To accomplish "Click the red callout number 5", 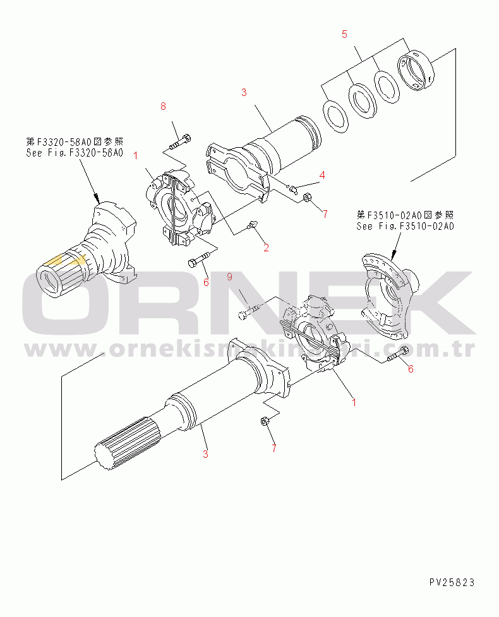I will click(344, 34).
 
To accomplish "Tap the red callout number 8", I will click(162, 106).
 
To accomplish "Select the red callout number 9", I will click(229, 277).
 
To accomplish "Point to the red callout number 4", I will click(322, 175).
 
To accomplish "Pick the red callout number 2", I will click(266, 247).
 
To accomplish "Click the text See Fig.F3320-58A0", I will click(75, 153).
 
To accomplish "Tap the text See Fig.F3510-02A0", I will click(405, 225).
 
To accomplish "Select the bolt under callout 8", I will click(180, 140).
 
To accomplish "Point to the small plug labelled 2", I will click(253, 224).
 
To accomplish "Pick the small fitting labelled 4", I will click(292, 186).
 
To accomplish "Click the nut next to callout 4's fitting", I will click(306, 198).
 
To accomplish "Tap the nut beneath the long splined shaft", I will click(265, 422).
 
